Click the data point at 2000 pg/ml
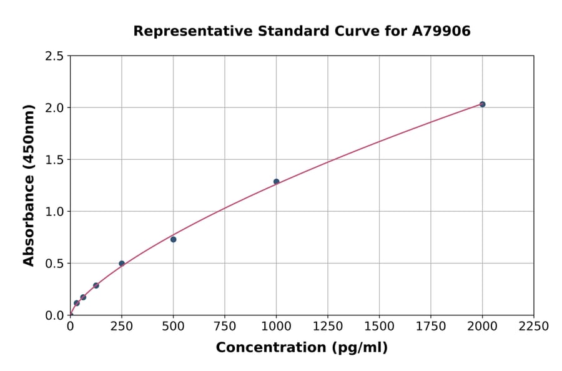[482, 104]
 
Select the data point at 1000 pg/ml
[276, 182]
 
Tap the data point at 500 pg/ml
[173, 239]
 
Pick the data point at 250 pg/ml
[122, 264]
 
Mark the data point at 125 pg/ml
[96, 285]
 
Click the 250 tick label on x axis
[122, 327]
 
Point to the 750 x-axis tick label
[225, 327]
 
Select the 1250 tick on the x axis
[328, 327]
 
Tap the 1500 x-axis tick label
[379, 327]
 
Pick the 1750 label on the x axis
[431, 327]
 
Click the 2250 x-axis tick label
[534, 327]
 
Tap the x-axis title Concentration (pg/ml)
[302, 348]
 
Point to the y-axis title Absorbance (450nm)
[29, 185]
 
